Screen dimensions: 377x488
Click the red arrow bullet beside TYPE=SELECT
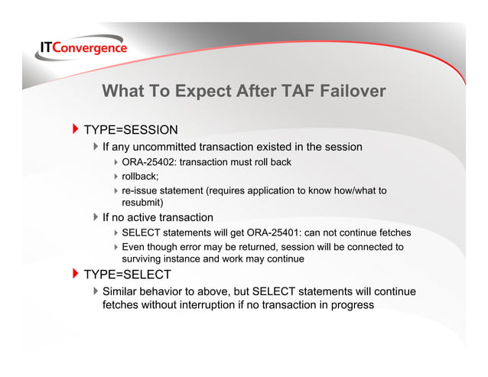(x=75, y=275)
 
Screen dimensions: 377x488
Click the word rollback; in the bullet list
(x=140, y=176)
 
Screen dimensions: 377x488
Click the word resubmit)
(x=146, y=203)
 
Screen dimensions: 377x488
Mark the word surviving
(x=145, y=258)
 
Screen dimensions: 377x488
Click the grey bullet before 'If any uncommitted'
(x=95, y=146)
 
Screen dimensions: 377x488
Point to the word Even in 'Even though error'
(x=135, y=246)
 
